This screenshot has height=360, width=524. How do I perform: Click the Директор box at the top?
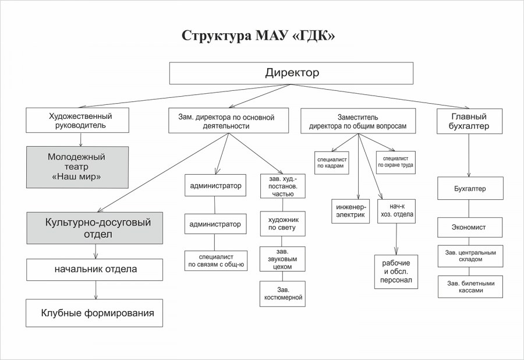point(291,73)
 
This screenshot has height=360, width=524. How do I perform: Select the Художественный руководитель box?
point(80,121)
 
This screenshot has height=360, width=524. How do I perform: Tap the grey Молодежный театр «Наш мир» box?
point(77,167)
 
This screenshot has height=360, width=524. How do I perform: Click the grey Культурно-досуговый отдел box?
point(94,228)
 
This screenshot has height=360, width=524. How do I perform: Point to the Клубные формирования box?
point(94,313)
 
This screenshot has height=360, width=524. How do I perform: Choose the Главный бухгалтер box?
point(469,121)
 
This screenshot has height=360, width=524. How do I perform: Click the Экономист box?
point(469,227)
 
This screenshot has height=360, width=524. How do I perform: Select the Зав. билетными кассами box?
point(470,286)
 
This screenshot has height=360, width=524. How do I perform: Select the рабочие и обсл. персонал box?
point(396,272)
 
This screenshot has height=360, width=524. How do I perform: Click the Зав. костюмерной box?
point(282,294)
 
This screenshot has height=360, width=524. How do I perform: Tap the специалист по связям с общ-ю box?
point(215,260)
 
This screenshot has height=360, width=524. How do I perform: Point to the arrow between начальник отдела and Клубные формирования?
point(95,290)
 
